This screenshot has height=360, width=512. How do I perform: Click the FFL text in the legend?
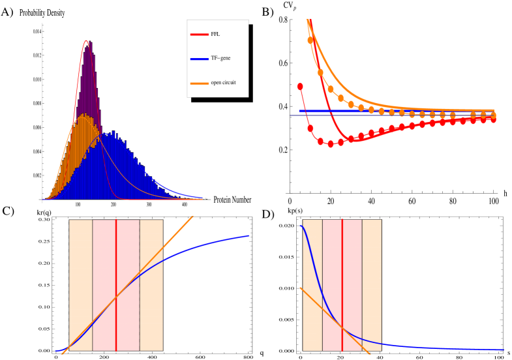tap(215, 34)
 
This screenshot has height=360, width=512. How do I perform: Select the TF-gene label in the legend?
tap(220, 59)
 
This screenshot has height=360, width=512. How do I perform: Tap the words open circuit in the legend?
tap(223, 83)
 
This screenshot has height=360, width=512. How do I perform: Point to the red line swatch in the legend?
tap(199, 34)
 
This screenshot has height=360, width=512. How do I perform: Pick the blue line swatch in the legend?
tap(199, 59)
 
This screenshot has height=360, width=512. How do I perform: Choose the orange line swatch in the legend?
tap(199, 83)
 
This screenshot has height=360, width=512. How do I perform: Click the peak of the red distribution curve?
tap(87, 41)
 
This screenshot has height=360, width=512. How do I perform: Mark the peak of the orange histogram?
tap(83, 115)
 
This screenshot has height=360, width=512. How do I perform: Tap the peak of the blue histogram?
tap(113, 132)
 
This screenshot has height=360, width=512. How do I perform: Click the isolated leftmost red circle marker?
tap(300, 86)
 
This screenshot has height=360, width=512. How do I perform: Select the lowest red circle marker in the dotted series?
tap(330, 144)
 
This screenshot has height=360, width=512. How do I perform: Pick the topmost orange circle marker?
tap(310, 40)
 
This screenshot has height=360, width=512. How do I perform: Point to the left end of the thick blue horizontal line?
tap(299, 112)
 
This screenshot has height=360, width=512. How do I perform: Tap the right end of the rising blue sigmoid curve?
tap(248, 235)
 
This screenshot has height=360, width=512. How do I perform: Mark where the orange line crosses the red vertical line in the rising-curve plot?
tap(116, 297)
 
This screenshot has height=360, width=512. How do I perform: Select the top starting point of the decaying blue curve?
tap(301, 226)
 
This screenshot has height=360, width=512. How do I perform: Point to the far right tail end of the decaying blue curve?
tap(503, 350)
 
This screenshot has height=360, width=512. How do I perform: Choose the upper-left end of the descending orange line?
tap(300, 288)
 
